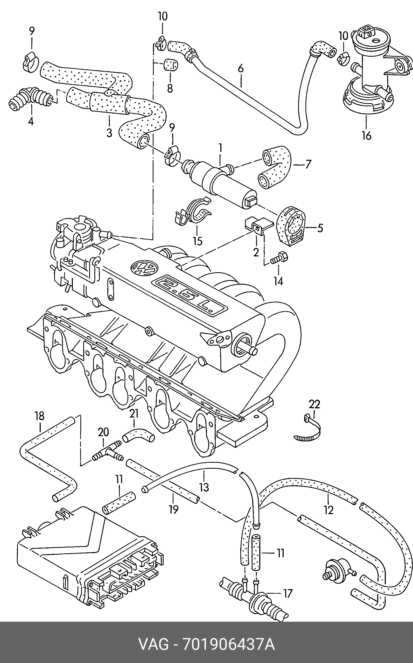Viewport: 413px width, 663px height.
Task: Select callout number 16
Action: [367, 135]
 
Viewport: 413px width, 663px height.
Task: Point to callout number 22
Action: [314, 404]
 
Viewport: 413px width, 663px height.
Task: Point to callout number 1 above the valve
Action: [220, 149]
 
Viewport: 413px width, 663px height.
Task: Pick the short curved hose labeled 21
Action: [138, 437]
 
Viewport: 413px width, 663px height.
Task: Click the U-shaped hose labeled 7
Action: [275, 169]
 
